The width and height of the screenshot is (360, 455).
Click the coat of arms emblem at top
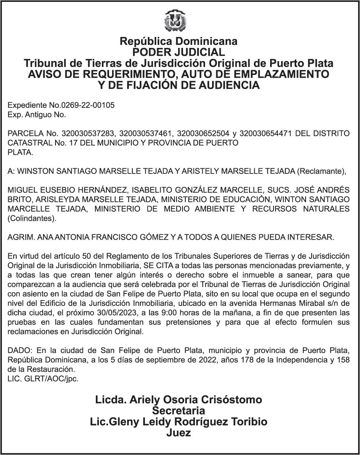point(175,20)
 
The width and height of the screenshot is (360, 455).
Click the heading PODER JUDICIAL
point(178,52)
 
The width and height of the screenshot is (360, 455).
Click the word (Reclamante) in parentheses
point(321,171)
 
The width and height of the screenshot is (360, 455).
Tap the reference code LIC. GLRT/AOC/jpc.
point(43,379)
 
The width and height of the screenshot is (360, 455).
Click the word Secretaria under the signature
point(178,410)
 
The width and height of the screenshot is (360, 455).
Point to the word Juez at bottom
point(178,433)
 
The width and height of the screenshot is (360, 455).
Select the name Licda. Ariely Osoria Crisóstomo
point(178,400)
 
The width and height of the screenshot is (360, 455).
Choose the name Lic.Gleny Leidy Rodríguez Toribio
point(178,421)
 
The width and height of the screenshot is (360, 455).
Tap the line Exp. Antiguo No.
point(37,115)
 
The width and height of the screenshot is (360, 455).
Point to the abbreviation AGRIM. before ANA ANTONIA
point(20,237)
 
